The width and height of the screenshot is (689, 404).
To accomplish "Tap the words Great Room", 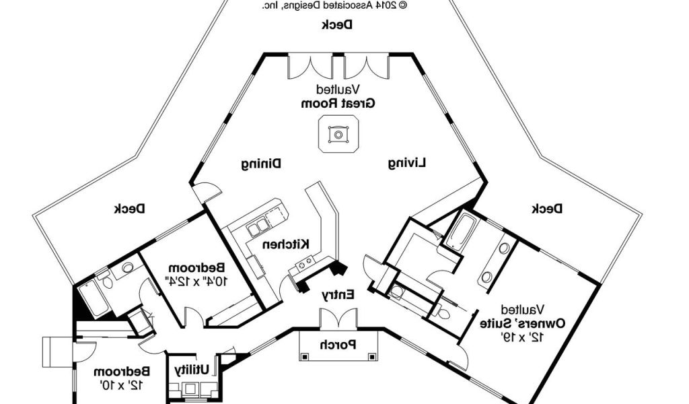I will [x=338, y=104].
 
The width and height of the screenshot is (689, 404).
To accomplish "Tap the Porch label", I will [x=338, y=345].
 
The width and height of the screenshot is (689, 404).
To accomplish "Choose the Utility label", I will [x=196, y=370].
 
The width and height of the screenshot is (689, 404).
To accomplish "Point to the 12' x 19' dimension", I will [x=513, y=336].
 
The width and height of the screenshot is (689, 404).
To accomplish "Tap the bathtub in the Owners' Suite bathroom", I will [x=462, y=230].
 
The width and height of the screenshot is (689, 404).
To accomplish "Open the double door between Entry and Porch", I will [x=337, y=318].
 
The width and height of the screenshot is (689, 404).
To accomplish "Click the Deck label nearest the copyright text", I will [x=337, y=25].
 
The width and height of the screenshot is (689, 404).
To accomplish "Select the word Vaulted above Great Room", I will [x=338, y=90].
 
